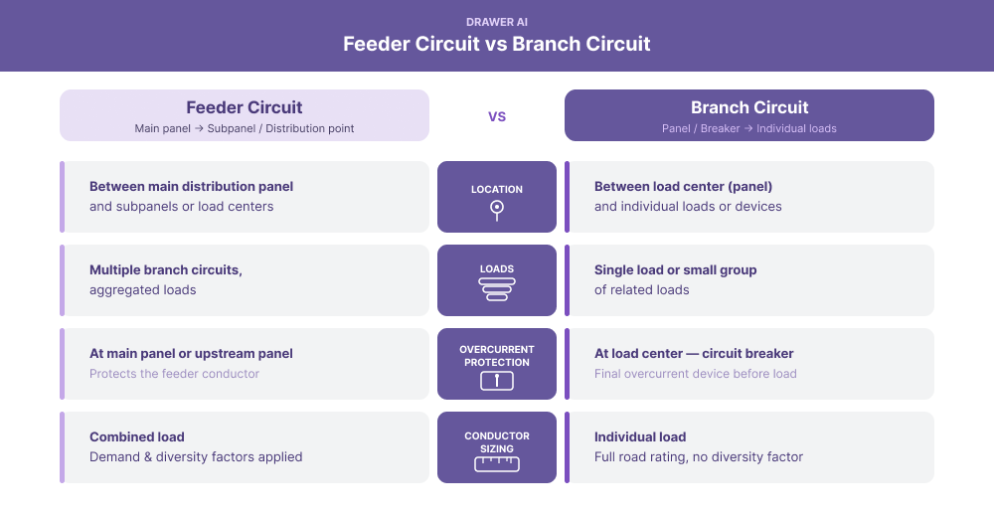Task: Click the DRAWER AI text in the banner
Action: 497,22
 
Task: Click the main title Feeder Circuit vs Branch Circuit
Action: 497,45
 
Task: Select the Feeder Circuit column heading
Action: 245,107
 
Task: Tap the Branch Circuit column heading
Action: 749,107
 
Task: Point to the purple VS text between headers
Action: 497,116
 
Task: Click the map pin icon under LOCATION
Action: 497,210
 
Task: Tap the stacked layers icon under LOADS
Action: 497,289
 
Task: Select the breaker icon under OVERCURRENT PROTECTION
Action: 497,380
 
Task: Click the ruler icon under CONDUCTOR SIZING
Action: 497,463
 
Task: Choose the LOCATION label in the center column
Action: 497,189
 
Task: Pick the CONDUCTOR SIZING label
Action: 497,442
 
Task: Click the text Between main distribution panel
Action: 191,187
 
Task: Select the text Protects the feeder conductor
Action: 174,374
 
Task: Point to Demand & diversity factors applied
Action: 196,457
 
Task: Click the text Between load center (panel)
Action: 683,187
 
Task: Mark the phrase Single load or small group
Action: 675,270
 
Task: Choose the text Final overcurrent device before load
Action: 695,374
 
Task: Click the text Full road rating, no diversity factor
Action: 698,457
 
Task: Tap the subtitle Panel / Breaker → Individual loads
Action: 749,128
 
